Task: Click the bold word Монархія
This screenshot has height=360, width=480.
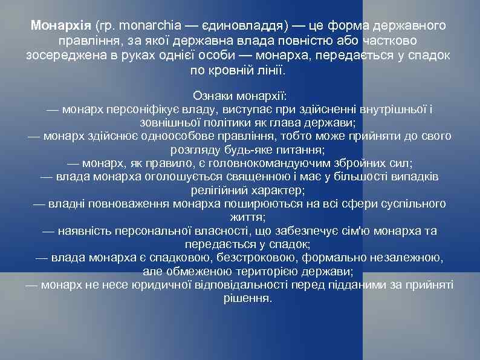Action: pyautogui.click(x=60, y=26)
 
